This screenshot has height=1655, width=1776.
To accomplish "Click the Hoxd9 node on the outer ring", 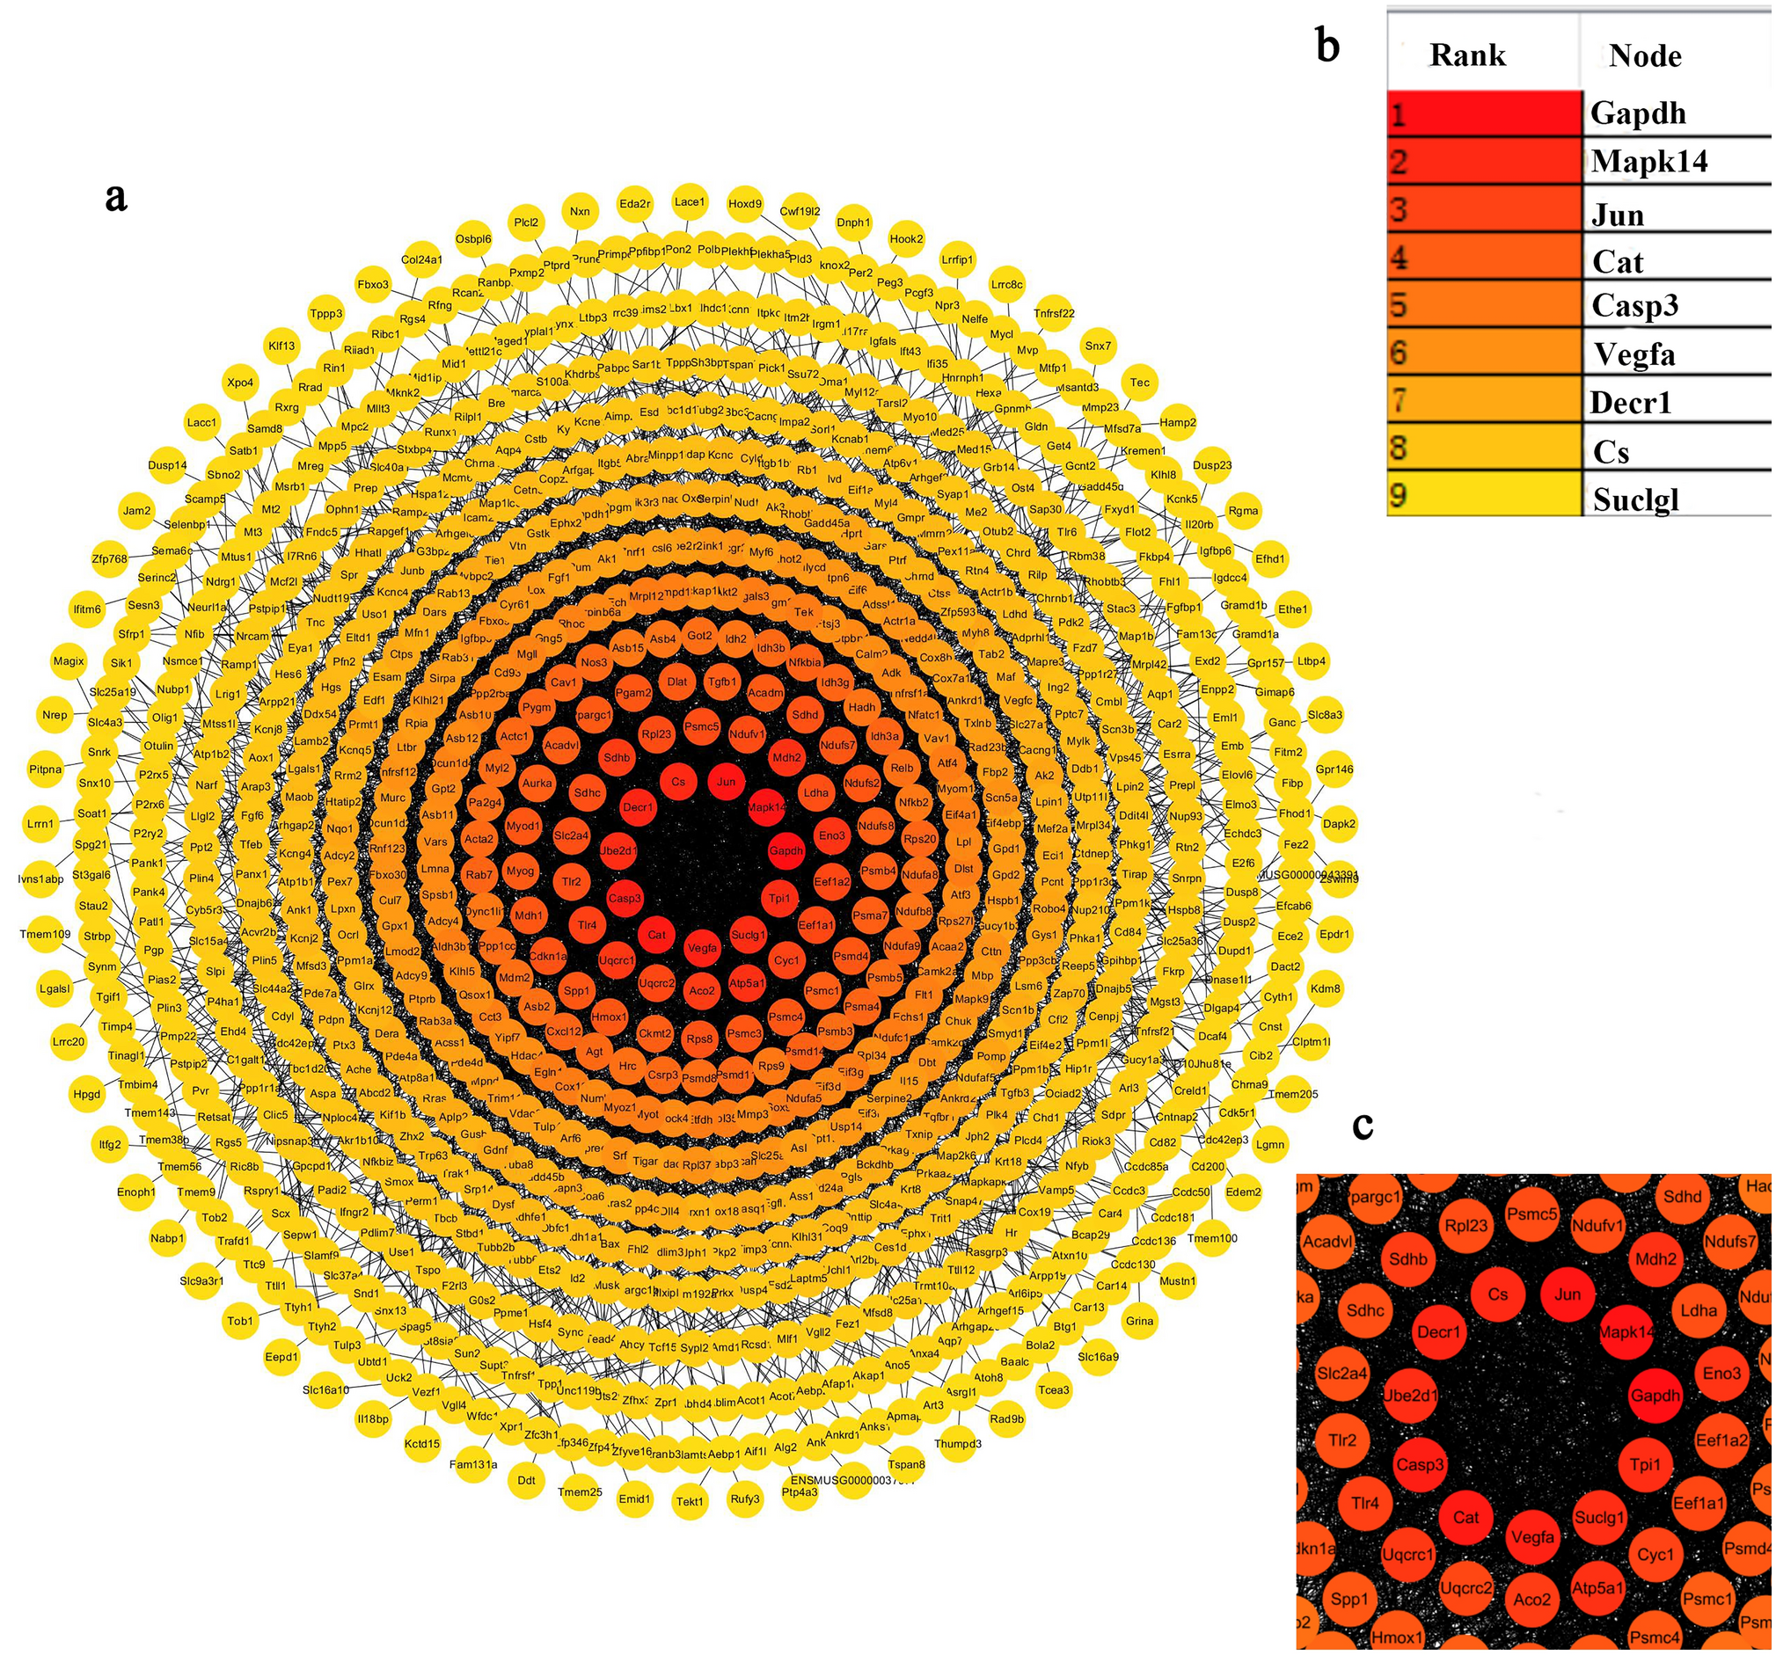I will [x=745, y=204].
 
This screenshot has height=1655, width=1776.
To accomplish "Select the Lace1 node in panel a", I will [x=689, y=202].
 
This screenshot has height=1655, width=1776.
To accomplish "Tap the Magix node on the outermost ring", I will [x=69, y=661].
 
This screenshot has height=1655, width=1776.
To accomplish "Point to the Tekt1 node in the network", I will [x=689, y=1501].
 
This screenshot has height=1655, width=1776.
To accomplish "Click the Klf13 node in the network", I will [x=281, y=346].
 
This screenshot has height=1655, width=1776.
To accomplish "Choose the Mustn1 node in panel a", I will [x=1178, y=1280].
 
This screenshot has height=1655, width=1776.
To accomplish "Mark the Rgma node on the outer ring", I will [x=1243, y=511].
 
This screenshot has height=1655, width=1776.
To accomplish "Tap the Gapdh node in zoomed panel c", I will [x=1655, y=1395].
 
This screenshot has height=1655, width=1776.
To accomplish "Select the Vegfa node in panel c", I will [x=1532, y=1537].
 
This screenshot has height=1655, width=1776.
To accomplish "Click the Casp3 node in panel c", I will [x=1420, y=1464].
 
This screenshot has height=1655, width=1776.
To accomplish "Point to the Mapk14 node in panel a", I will [x=766, y=807].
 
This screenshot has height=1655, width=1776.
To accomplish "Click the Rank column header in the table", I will [x=1467, y=55].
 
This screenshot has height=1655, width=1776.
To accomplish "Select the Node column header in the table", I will [x=1645, y=55].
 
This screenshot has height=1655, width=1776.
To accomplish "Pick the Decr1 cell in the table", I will [x=1630, y=403].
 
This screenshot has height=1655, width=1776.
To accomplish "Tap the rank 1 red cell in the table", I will [x=1483, y=113].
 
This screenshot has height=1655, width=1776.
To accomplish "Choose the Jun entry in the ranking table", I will [x=1617, y=215].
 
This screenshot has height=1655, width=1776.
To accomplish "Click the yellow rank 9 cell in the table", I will [x=1483, y=497].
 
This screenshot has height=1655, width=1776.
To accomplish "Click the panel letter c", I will [x=1363, y=1126].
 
